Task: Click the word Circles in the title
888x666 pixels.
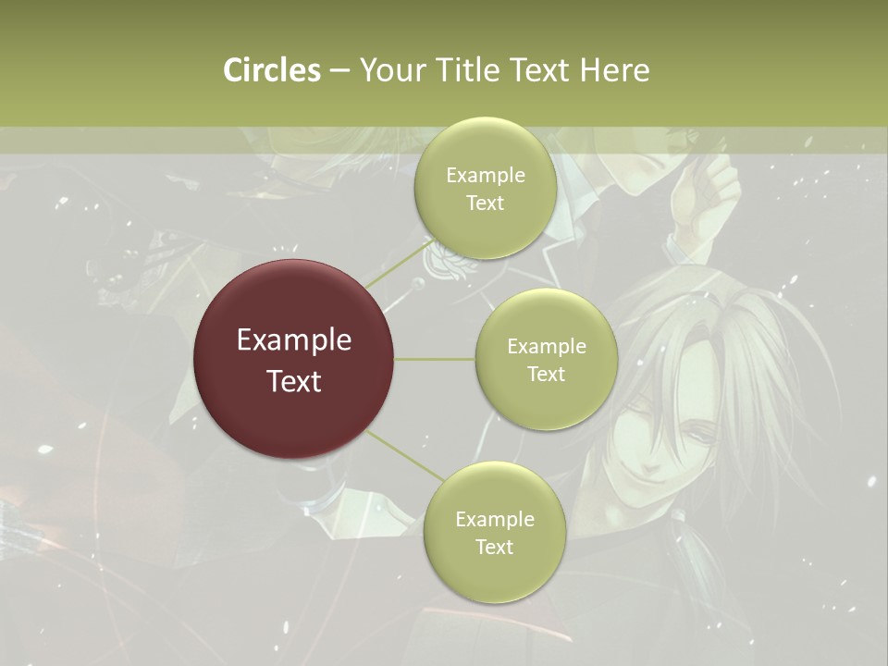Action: [x=272, y=70]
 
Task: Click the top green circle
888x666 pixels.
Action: [x=485, y=231]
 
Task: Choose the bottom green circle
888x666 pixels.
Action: [x=494, y=574]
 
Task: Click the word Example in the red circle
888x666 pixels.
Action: [x=294, y=340]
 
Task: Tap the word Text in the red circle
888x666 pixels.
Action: [x=294, y=381]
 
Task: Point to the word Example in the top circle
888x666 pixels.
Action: [x=486, y=176]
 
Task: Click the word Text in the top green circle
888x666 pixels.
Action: [x=485, y=203]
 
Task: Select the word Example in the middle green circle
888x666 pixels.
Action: [x=547, y=347]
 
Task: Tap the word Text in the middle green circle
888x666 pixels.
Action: [x=546, y=375]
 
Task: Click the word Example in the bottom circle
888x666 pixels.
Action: [x=495, y=520]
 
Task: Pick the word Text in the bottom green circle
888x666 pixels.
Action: [x=494, y=548]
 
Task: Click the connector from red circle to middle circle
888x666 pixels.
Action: [x=435, y=359]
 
